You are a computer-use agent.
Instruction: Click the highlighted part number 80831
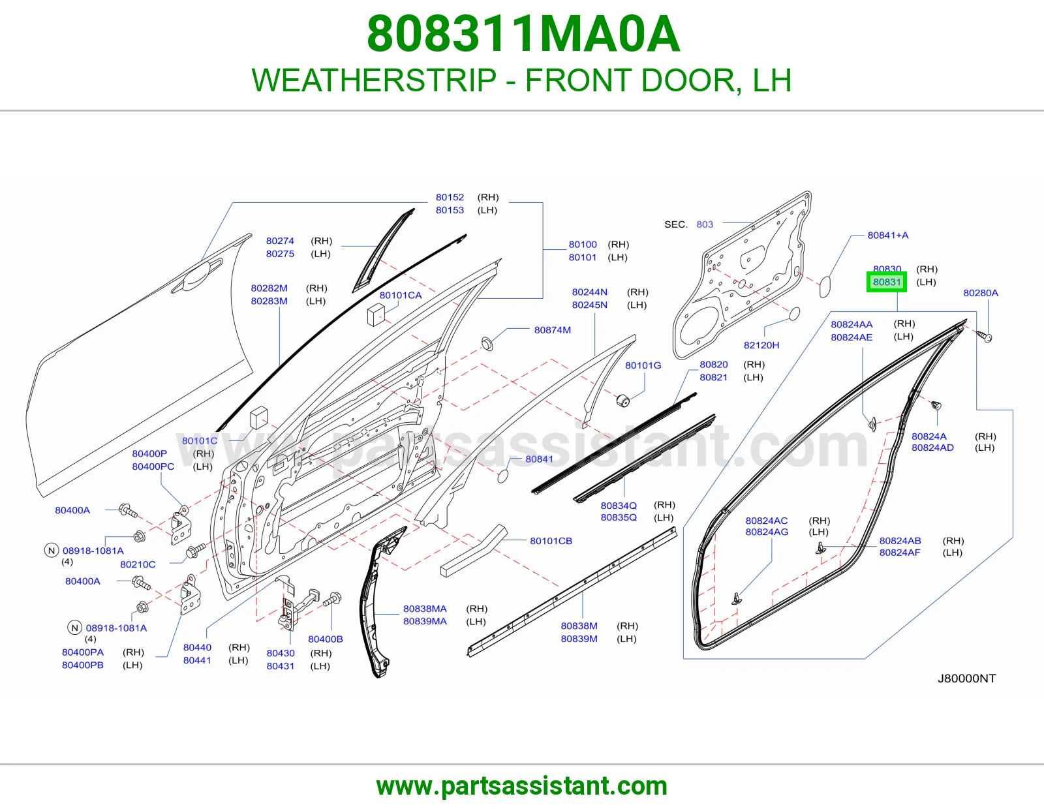pyautogui.click(x=886, y=282)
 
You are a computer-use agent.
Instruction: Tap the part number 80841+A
pyautogui.click(x=888, y=236)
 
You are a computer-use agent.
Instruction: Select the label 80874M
pyautogui.click(x=553, y=330)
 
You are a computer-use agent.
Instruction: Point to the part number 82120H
pyautogui.click(x=761, y=345)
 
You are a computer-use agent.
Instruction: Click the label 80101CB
pyautogui.click(x=551, y=541)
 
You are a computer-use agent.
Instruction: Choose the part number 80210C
pyautogui.click(x=138, y=564)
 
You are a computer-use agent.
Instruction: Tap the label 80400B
pyautogui.click(x=325, y=639)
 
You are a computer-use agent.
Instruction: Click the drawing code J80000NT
pyautogui.click(x=966, y=679)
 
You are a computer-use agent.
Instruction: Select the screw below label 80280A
pyautogui.click(x=985, y=336)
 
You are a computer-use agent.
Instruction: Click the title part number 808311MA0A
pyautogui.click(x=523, y=34)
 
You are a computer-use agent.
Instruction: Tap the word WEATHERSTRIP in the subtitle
pyautogui.click(x=375, y=80)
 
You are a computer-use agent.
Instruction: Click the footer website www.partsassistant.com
pyautogui.click(x=522, y=786)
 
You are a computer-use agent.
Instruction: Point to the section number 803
pyautogui.click(x=704, y=224)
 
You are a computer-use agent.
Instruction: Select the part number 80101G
pyautogui.click(x=643, y=365)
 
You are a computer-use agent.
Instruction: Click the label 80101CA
pyautogui.click(x=401, y=296)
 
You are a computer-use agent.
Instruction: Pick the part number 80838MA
pyautogui.click(x=425, y=609)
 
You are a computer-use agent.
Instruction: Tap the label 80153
pyautogui.click(x=450, y=210)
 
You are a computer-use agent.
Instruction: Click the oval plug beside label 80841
pyautogui.click(x=502, y=476)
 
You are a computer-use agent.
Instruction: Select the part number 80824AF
pyautogui.click(x=900, y=553)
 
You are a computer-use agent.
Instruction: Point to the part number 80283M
pyautogui.click(x=269, y=301)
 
